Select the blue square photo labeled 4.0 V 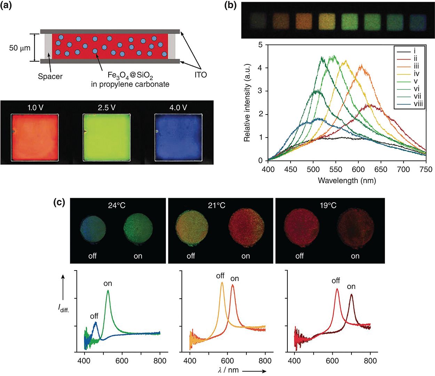pos(178,137)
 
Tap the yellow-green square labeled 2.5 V pos(106,137)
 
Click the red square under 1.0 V pos(35,137)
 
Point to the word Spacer pos(50,77)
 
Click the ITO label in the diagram pos(200,75)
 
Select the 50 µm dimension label pos(20,48)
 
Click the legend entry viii pos(418,103)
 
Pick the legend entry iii pos(416,66)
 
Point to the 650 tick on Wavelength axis pos(381,169)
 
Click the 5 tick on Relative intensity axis pos(260,45)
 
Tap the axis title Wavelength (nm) pos(347,180)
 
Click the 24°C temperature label pos(117,205)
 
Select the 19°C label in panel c pos(328,205)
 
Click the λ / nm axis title pos(228,370)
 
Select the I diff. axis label pos(63,308)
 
